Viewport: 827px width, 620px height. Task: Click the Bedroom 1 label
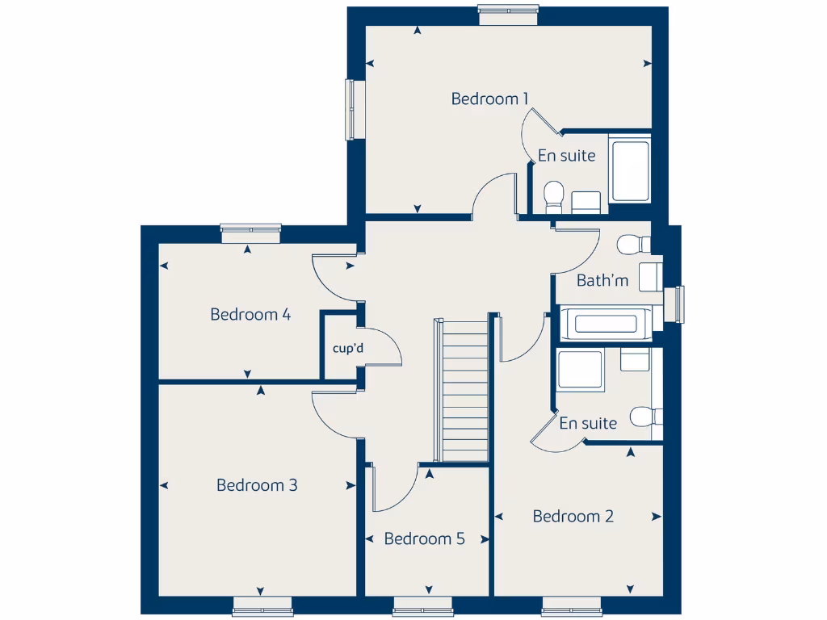[489, 98]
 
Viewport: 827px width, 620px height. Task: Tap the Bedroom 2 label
[573, 516]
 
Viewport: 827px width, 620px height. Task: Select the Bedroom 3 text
[257, 485]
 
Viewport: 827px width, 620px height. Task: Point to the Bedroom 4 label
[250, 314]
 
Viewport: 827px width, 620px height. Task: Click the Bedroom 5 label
[424, 538]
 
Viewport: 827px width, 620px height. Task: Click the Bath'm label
[602, 281]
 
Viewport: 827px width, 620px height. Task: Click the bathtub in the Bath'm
[606, 325]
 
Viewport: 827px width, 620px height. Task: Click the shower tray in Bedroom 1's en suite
[630, 171]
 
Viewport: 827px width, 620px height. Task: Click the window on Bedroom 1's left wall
[353, 108]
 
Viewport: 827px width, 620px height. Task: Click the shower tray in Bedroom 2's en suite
[580, 371]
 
